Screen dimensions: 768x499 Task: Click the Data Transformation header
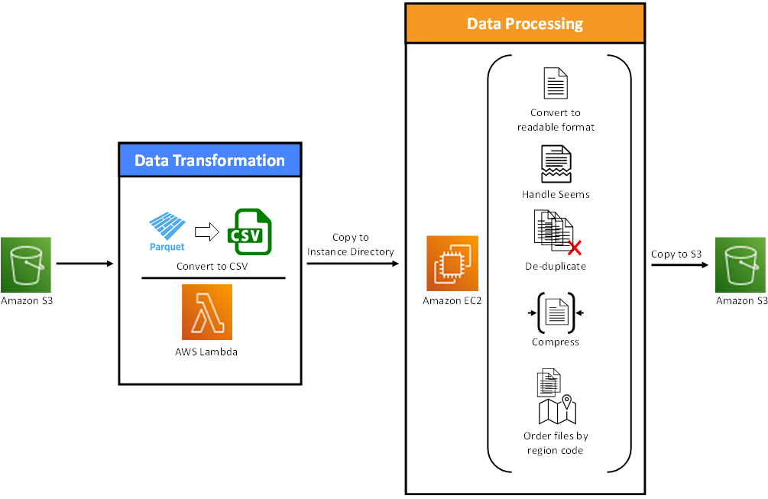[209, 160]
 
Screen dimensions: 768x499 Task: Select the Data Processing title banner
[525, 24]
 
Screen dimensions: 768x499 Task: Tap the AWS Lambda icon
[206, 313]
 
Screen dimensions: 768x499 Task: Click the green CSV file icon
[250, 232]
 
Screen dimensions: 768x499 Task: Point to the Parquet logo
[167, 232]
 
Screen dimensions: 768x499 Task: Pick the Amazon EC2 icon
[452, 264]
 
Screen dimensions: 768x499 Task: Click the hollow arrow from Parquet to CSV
[206, 232]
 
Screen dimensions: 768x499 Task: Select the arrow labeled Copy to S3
[680, 265]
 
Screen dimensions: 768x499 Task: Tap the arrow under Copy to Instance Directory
[352, 264]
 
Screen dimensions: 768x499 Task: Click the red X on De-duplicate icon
[575, 248]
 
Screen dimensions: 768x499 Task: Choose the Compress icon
[556, 313]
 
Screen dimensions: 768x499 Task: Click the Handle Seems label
[556, 194]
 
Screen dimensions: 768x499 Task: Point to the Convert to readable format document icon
[556, 83]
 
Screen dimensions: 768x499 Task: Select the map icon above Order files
[557, 410]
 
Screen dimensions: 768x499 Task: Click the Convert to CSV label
[212, 267]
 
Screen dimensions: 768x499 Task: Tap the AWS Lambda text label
[206, 352]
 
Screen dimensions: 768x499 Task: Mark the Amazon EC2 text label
[452, 300]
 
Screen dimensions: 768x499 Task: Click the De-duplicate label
[556, 267]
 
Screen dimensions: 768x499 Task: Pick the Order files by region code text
[556, 442]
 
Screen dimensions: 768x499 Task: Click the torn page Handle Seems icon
[556, 164]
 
